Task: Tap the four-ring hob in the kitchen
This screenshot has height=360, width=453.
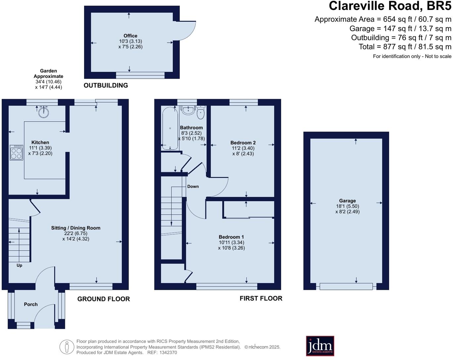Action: click(16, 152)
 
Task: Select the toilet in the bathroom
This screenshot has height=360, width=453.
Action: click(201, 112)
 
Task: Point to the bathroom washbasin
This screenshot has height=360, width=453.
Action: click(188, 110)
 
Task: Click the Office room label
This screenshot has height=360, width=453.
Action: click(130, 36)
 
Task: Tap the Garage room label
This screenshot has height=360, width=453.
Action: click(347, 201)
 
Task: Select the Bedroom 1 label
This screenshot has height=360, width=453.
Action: click(231, 237)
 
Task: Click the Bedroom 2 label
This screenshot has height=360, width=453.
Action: click(243, 143)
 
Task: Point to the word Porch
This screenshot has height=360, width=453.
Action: click(30, 304)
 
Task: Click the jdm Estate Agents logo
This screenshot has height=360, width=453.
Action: click(320, 346)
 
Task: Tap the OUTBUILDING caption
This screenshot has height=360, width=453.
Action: click(106, 86)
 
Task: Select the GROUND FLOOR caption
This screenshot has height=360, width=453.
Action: click(103, 299)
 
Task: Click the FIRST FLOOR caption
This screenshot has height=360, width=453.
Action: click(261, 298)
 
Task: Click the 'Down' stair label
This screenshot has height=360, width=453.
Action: click(193, 186)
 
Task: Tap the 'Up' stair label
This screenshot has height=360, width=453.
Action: click(19, 266)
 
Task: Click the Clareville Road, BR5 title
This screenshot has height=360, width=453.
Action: click(390, 6)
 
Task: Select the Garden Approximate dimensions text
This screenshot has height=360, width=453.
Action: click(48, 79)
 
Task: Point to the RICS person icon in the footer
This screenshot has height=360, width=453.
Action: click(67, 347)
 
